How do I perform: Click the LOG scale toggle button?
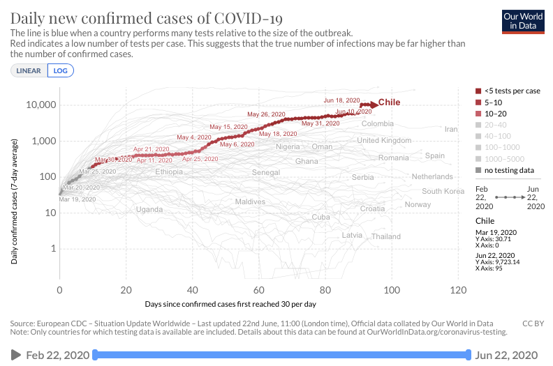pos(60,70)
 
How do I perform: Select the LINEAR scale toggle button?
pos(29,70)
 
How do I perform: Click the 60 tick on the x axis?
pos(259,290)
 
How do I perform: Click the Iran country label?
pos(451,129)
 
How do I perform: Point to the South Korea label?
pos(443,191)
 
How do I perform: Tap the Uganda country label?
pos(149,209)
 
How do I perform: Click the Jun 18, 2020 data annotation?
pos(341,100)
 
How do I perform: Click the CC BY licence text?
pos(533,323)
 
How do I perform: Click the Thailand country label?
pos(386,236)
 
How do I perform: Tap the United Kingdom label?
pos(384,140)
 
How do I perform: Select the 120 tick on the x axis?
pos(458,290)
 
